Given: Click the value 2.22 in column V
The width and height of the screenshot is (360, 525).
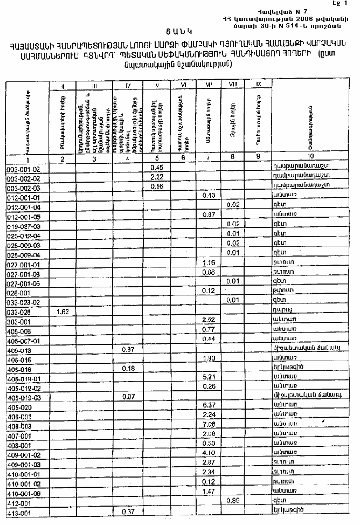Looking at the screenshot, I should [157, 177].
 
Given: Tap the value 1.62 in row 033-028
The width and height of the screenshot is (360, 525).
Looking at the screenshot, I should [64, 312].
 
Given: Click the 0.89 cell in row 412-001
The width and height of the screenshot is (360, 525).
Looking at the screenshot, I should [233, 500].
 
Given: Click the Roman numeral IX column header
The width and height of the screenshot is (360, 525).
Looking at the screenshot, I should [258, 84].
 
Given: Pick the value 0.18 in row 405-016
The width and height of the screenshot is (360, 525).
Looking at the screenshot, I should [128, 368].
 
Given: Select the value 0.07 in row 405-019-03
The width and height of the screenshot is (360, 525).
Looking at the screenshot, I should [128, 397].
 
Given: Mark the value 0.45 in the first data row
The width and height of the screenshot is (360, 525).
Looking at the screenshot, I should [157, 168].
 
